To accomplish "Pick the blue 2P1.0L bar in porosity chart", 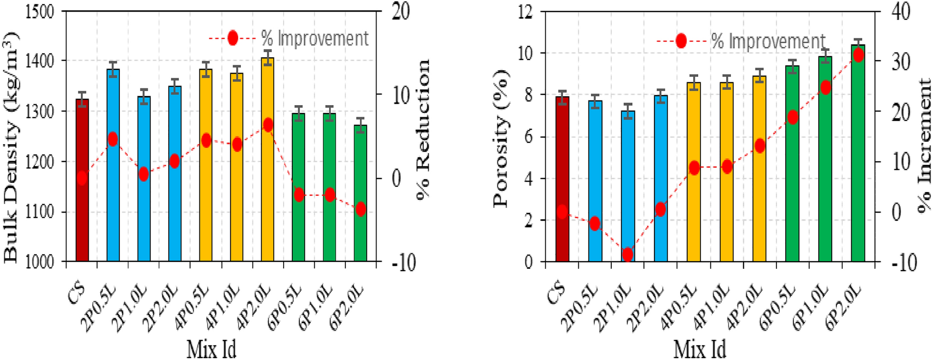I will click(x=628, y=186).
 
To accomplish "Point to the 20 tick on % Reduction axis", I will click(x=400, y=12).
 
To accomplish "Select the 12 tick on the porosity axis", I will click(x=525, y=12).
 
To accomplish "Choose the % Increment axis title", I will click(x=924, y=147).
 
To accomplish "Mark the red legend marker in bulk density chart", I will click(x=232, y=38).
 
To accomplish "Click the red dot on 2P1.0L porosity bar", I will click(x=628, y=254).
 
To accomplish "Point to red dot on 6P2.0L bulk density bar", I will click(x=360, y=209).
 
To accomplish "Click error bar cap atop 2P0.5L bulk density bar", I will click(x=113, y=62).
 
